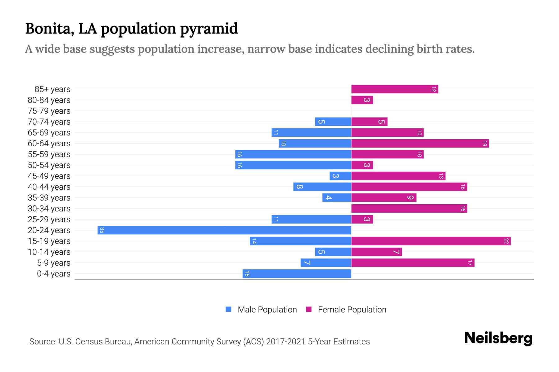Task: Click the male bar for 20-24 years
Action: [x=224, y=230]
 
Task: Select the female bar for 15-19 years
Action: [x=431, y=241]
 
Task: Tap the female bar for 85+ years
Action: [x=394, y=89]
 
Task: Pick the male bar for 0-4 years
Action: [x=297, y=273]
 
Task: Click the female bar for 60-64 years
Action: [x=420, y=144]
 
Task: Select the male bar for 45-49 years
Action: [x=340, y=176]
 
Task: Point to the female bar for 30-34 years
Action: [x=409, y=209]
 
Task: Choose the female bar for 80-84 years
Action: [x=362, y=100]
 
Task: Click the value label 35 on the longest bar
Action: [x=102, y=230]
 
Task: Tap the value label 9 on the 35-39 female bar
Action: [x=410, y=198]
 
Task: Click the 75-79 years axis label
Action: [x=49, y=111]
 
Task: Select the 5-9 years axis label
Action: [x=53, y=263]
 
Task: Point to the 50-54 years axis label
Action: [x=49, y=165]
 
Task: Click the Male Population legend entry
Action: [x=267, y=309]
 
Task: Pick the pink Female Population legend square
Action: [x=309, y=309]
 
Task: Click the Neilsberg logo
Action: [x=498, y=338]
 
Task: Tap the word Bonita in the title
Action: [x=49, y=29]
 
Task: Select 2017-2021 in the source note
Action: [x=286, y=342]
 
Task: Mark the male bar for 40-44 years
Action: [x=322, y=187]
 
